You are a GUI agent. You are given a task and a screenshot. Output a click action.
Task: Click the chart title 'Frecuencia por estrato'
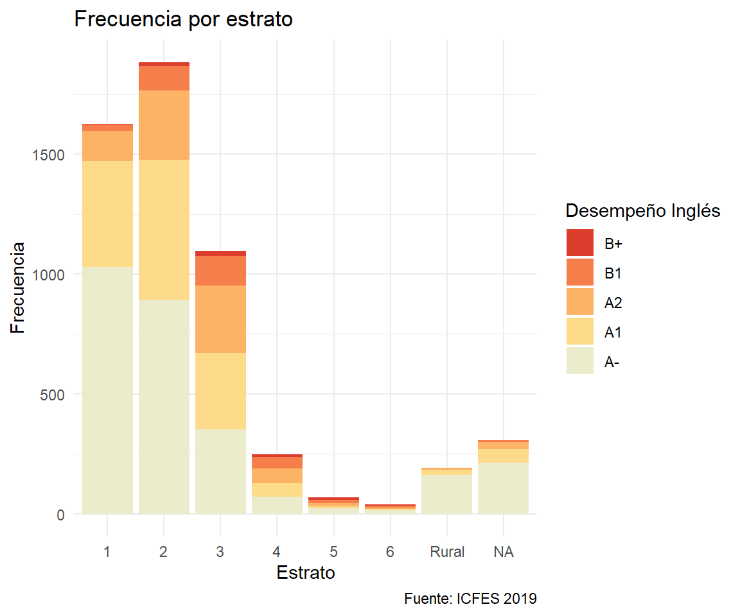184,19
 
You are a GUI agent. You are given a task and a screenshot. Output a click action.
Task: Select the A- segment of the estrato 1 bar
107,390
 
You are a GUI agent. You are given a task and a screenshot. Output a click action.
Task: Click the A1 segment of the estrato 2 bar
164,230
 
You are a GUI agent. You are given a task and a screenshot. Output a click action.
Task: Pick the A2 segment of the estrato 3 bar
220,319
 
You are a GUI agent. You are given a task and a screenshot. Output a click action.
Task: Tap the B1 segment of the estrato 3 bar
220,271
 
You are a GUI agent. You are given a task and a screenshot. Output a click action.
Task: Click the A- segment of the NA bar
504,488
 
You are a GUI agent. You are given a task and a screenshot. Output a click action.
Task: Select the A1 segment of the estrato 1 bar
107,214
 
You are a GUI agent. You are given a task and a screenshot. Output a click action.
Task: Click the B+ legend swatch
580,243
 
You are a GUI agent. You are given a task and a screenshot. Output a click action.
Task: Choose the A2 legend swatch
580,302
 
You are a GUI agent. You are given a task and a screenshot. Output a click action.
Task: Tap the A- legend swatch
580,361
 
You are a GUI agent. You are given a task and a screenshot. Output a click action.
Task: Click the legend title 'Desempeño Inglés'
642,210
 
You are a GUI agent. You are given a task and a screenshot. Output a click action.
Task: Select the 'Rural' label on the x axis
447,552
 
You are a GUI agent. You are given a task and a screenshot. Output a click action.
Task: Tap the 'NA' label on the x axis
504,552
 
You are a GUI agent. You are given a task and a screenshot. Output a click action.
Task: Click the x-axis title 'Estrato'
306,572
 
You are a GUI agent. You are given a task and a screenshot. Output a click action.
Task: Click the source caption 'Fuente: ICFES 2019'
470,599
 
